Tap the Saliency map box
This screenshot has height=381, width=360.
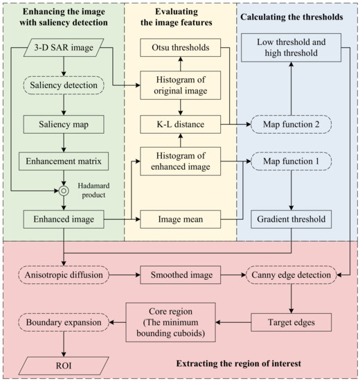click(63, 125)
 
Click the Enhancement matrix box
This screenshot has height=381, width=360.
click(63, 164)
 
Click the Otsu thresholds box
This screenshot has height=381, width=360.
click(181, 48)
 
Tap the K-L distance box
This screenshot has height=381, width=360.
click(181, 125)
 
